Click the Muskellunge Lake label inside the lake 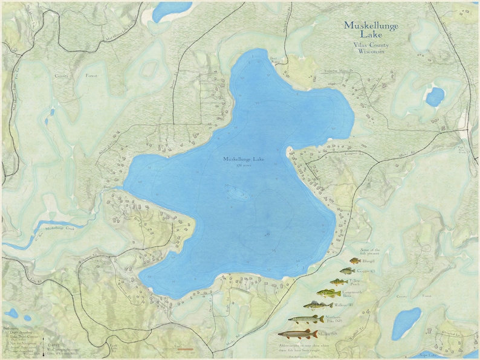[x=243, y=159]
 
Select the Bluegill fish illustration [x=354, y=261]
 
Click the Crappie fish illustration [x=347, y=271]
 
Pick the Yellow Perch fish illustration [x=340, y=282]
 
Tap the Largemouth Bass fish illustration [x=330, y=294]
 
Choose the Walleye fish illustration [x=318, y=306]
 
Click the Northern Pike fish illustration [x=305, y=319]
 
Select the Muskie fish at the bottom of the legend [x=297, y=333]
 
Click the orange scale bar [x=180, y=349]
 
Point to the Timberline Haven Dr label [x=323, y=71]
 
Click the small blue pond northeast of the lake [x=434, y=97]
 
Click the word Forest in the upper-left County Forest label [x=90, y=76]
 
